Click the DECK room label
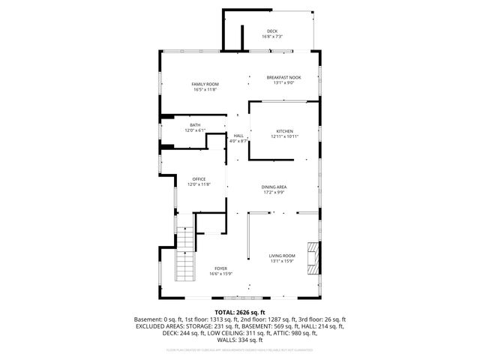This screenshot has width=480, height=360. point(271,31)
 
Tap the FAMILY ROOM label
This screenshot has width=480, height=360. point(204,84)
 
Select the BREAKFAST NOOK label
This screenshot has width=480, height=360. point(283,78)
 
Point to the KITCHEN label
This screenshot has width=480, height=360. point(284,130)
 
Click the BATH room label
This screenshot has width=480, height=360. point(195,125)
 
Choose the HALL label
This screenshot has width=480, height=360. point(238,136)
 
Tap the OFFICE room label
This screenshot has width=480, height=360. point(199,179)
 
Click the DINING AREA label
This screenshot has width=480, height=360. point(274,187)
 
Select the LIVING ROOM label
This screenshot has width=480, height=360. point(282,256)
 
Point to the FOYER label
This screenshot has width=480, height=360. point(220,268)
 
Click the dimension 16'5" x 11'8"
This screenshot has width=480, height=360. point(204,90)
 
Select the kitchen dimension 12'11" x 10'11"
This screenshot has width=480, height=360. point(284,136)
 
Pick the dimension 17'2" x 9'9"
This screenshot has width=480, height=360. point(274,193)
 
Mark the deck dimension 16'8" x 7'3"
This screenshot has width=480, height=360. point(271,37)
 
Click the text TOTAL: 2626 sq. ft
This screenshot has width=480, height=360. point(239,311)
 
